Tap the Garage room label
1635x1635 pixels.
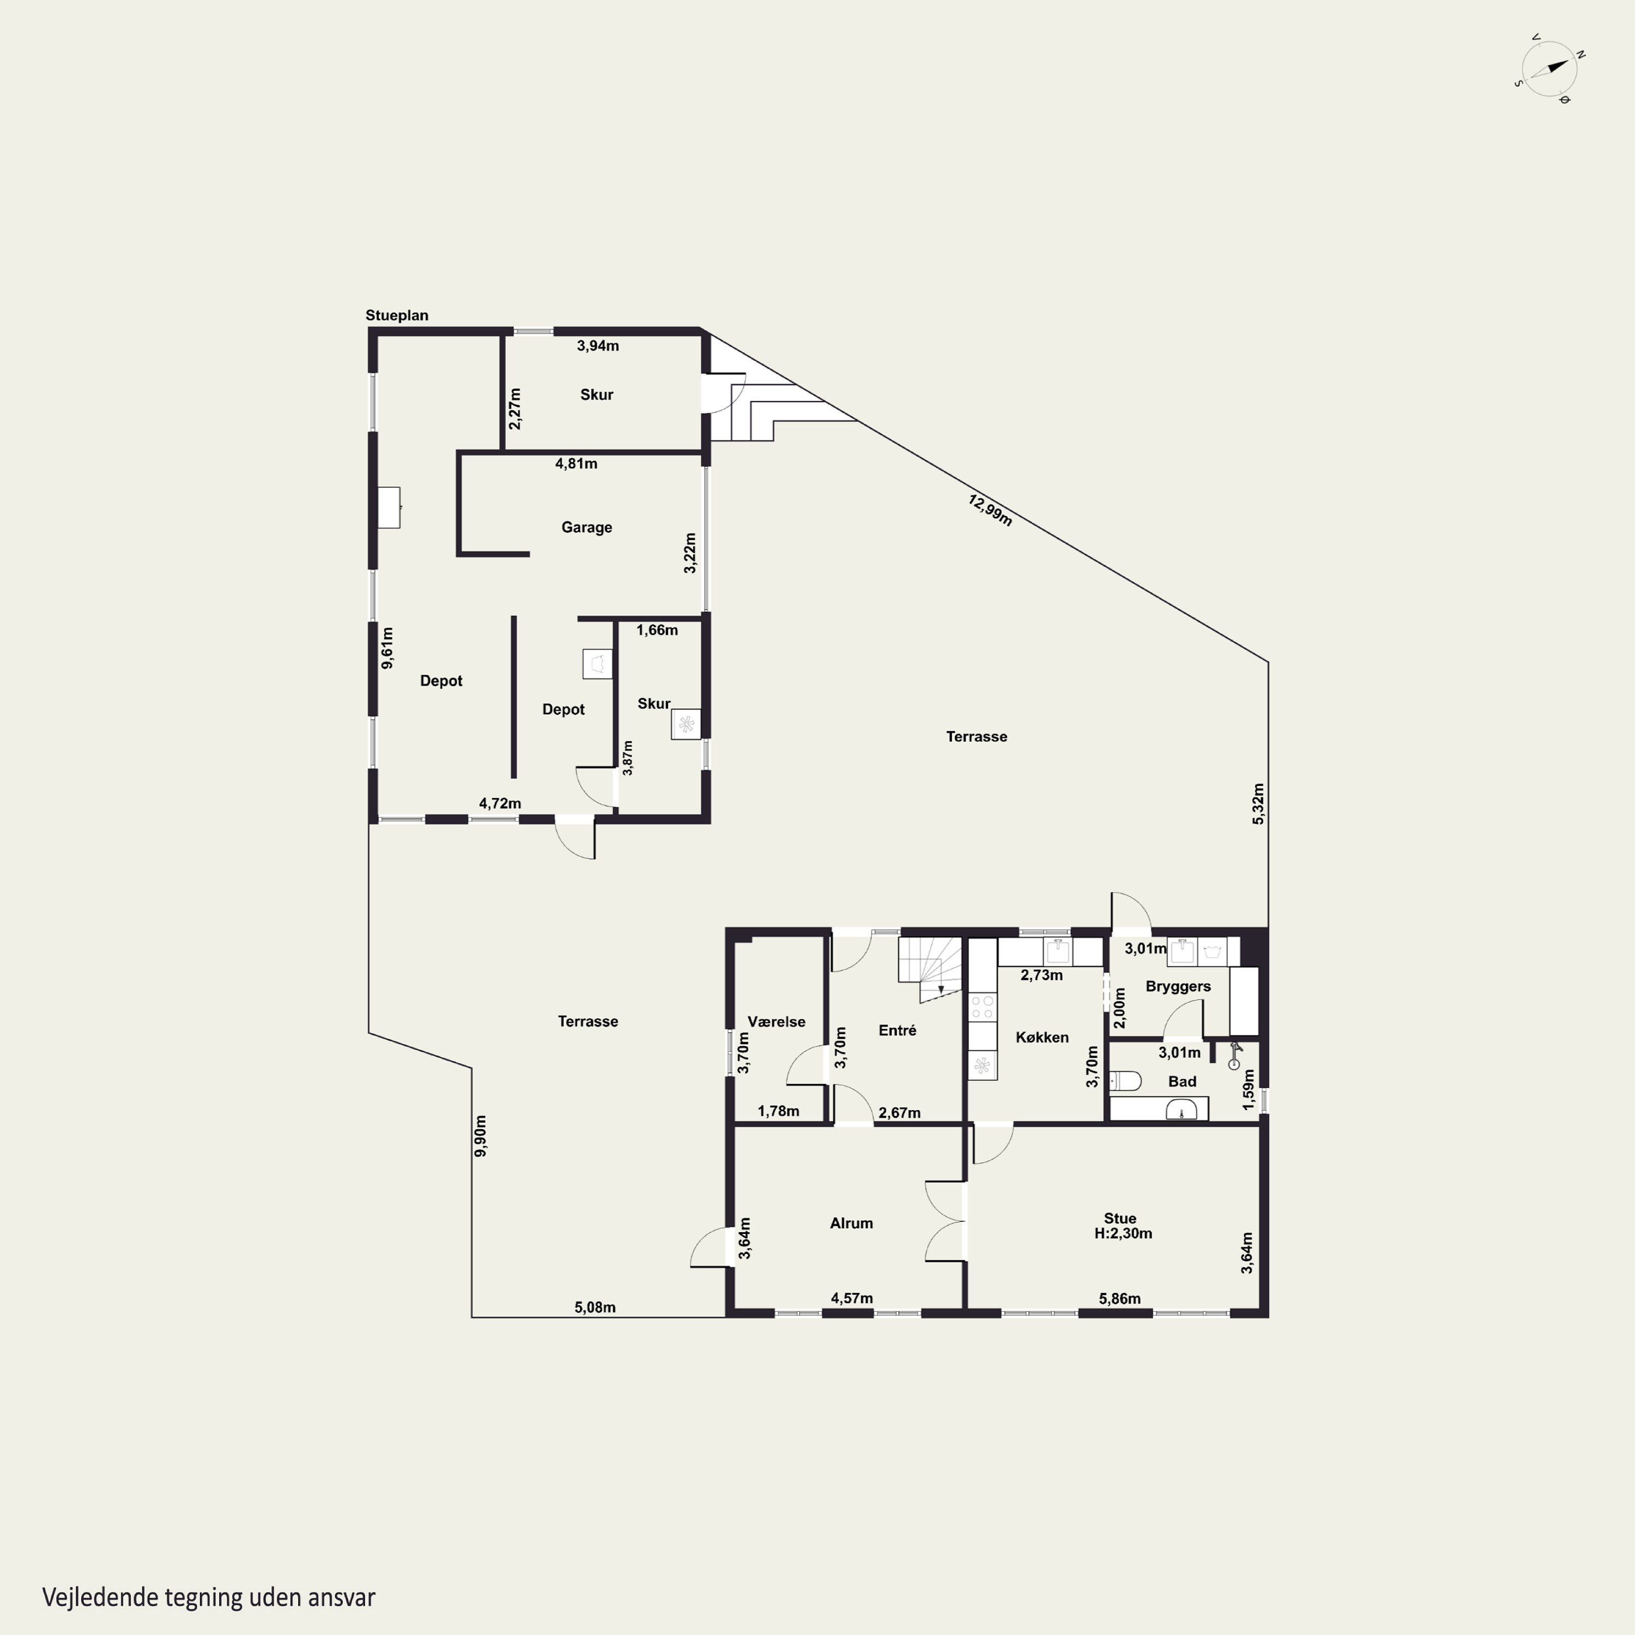(x=586, y=527)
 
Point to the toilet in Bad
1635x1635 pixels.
(x=1125, y=1081)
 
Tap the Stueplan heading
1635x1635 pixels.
(x=397, y=316)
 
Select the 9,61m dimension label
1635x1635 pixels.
(x=387, y=647)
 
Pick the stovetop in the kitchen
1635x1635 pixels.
(x=983, y=1007)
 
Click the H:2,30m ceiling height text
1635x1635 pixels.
(x=1123, y=1234)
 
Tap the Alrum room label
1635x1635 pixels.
(x=851, y=1223)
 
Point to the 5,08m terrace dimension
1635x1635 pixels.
(x=595, y=1307)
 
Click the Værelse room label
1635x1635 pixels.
(x=776, y=1021)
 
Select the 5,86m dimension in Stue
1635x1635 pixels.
(x=1119, y=1298)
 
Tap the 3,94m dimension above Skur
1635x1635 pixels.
(x=597, y=346)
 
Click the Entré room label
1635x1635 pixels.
(x=897, y=1030)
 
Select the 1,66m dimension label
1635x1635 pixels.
(x=657, y=629)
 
